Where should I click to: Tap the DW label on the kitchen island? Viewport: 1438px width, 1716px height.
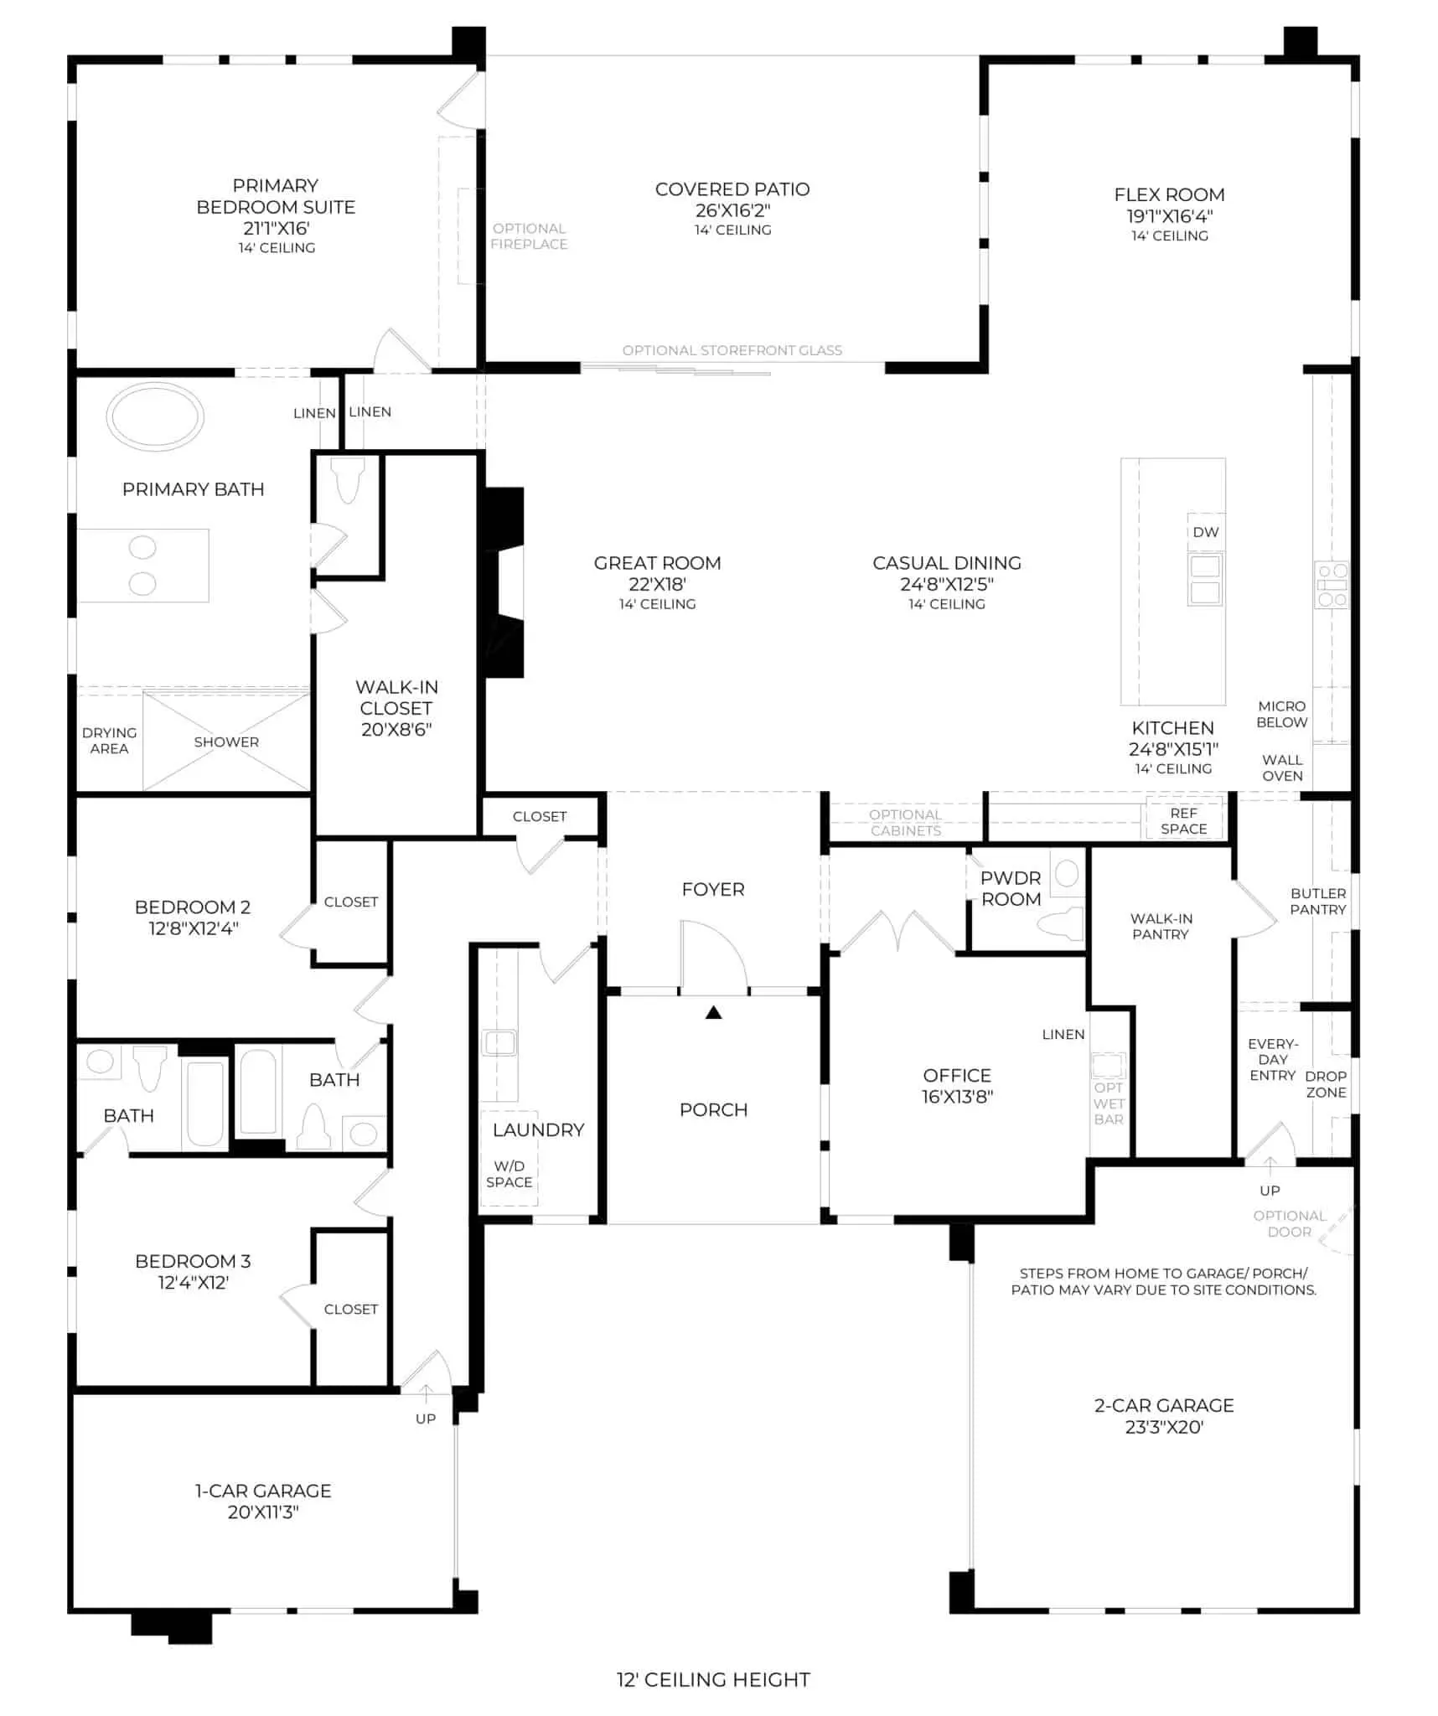[1205, 532]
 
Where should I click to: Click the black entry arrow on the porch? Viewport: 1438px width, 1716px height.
[713, 1012]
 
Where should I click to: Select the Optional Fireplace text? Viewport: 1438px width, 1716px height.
[529, 236]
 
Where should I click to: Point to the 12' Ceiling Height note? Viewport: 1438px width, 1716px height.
[713, 1679]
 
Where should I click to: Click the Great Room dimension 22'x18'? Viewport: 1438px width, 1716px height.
[658, 584]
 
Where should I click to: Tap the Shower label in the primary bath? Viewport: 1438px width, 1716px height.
[226, 742]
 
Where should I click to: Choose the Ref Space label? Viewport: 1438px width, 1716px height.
[1183, 821]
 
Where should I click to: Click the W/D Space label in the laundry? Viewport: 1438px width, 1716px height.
[509, 1174]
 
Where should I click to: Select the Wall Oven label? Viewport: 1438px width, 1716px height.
[1282, 768]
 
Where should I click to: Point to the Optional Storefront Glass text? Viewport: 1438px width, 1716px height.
[732, 350]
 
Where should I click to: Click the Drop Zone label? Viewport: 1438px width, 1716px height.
[1326, 1084]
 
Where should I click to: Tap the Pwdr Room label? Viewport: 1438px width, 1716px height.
[1011, 888]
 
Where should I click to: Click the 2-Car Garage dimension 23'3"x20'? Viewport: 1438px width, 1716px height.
[1164, 1427]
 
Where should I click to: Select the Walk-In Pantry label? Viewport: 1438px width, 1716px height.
[1161, 926]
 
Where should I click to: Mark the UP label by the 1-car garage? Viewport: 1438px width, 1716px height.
[426, 1419]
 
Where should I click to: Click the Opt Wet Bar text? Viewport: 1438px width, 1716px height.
[1108, 1104]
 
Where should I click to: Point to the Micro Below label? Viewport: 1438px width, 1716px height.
[1282, 714]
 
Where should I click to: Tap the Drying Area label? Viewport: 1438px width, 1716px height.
[109, 741]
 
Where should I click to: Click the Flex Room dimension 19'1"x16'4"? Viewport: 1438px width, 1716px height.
[1170, 215]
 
